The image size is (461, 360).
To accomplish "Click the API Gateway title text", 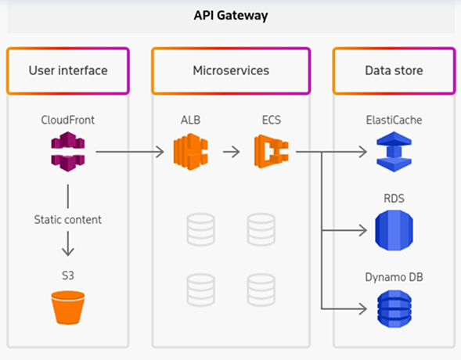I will pyautogui.click(x=230, y=16).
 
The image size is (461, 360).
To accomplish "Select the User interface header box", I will pyautogui.click(x=67, y=70).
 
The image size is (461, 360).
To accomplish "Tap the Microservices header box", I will pyautogui.click(x=230, y=70).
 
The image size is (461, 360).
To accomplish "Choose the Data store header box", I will pyautogui.click(x=394, y=70).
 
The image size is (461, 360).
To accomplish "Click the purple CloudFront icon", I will pyautogui.click(x=67, y=150).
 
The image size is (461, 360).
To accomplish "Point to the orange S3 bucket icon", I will pyautogui.click(x=67, y=307).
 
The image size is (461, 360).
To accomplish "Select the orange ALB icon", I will pyautogui.click(x=191, y=150).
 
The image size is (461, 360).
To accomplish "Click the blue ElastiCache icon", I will pyautogui.click(x=394, y=150).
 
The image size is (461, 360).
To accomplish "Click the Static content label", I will pyautogui.click(x=67, y=221).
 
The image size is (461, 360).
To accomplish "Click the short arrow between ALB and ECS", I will pyautogui.click(x=231, y=151).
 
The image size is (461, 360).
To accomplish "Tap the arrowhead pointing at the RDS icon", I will pyautogui.click(x=362, y=231).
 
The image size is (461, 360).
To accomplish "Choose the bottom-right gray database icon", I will pyautogui.click(x=261, y=288).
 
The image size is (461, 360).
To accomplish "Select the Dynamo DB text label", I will pyautogui.click(x=394, y=277).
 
